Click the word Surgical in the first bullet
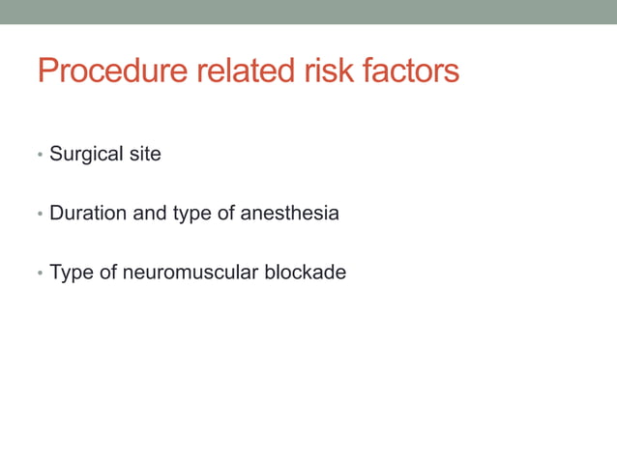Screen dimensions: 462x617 pos(86,154)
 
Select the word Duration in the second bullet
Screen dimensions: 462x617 pos(88,213)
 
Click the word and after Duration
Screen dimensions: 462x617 pos(150,213)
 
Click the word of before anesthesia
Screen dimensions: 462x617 pos(226,213)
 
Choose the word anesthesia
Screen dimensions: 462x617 pos(289,213)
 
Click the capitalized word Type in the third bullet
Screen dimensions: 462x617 pos(71,274)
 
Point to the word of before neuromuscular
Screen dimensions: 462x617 pos(106,273)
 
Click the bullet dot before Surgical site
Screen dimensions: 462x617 pos(40,156)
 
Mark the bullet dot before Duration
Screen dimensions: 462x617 pos(40,215)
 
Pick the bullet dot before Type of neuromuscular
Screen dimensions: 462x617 pos(40,274)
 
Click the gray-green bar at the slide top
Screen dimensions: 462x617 pos(308,12)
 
